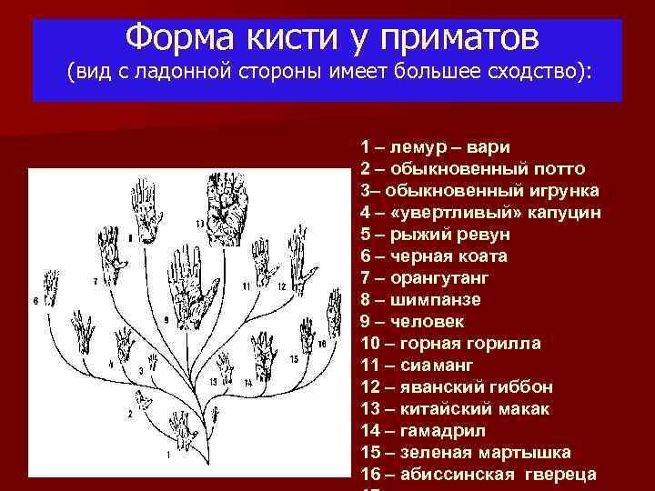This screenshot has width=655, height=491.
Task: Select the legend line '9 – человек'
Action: click(412, 321)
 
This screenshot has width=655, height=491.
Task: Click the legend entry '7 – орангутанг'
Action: click(425, 277)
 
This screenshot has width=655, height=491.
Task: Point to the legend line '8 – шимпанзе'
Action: click(421, 299)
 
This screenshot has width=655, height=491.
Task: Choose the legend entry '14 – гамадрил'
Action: click(423, 430)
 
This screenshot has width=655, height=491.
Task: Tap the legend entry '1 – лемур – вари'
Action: click(435, 146)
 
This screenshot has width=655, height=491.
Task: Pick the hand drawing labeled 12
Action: click(292, 260)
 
